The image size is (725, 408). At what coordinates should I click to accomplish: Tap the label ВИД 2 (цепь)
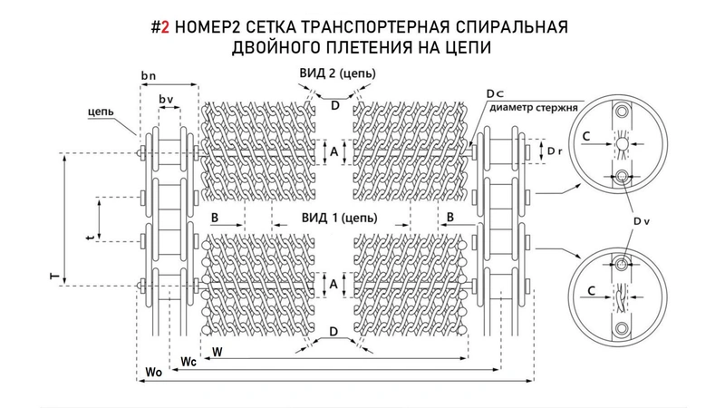[x=338, y=73]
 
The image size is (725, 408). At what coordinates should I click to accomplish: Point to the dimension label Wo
[x=156, y=373]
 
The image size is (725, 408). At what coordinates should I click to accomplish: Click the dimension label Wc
[x=188, y=362]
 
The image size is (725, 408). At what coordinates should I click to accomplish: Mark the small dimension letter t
[x=87, y=238]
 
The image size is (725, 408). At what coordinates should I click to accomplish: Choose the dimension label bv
[x=166, y=98]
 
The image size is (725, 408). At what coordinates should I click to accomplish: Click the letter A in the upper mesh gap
[x=334, y=153]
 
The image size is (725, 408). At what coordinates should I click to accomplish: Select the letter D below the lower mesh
[x=334, y=334]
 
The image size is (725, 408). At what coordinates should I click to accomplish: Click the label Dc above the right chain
[x=493, y=93]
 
